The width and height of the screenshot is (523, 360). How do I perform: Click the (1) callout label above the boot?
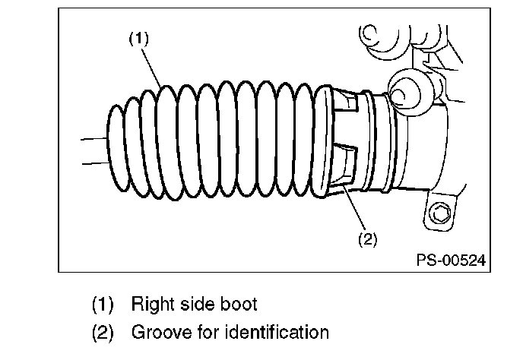[139, 38]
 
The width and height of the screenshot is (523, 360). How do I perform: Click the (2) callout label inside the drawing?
[368, 239]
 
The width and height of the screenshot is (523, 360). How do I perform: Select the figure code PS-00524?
[451, 260]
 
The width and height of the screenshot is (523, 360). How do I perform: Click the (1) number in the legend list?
[103, 304]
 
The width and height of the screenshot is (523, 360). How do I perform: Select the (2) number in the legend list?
[103, 333]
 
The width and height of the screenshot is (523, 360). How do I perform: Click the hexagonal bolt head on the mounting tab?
[440, 213]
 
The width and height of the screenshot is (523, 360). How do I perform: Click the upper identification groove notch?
[346, 101]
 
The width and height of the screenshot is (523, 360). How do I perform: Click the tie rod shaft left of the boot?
[94, 151]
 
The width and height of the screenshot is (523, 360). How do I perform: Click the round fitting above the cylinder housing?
[404, 93]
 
